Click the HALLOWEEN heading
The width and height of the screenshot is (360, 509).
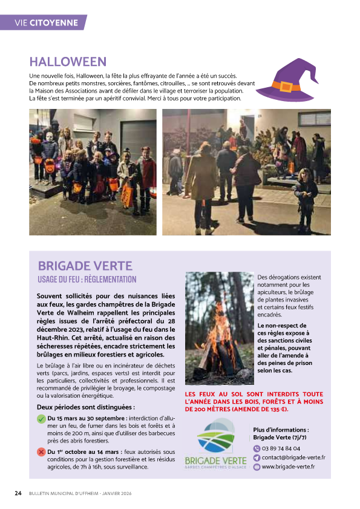pyautogui.click(x=68, y=62)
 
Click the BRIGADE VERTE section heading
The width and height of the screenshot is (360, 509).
pyautogui.click(x=85, y=266)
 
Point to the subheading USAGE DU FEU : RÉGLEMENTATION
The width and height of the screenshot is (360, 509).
pyautogui.click(x=87, y=280)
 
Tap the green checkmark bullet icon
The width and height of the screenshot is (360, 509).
pyautogui.click(x=41, y=418)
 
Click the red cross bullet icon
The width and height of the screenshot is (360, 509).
pyautogui.click(x=41, y=452)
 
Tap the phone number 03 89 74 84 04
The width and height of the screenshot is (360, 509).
pyautogui.click(x=281, y=448)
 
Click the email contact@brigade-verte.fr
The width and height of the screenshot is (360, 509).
pyautogui.click(x=293, y=458)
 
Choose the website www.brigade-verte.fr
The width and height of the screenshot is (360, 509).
pyautogui.click(x=289, y=467)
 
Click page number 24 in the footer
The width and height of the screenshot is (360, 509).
pyautogui.click(x=18, y=493)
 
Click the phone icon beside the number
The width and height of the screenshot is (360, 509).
pyautogui.click(x=257, y=448)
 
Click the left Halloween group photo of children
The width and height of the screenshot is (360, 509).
pyautogui.click(x=93, y=171)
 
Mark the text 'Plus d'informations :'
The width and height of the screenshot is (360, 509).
pyautogui.click(x=281, y=430)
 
